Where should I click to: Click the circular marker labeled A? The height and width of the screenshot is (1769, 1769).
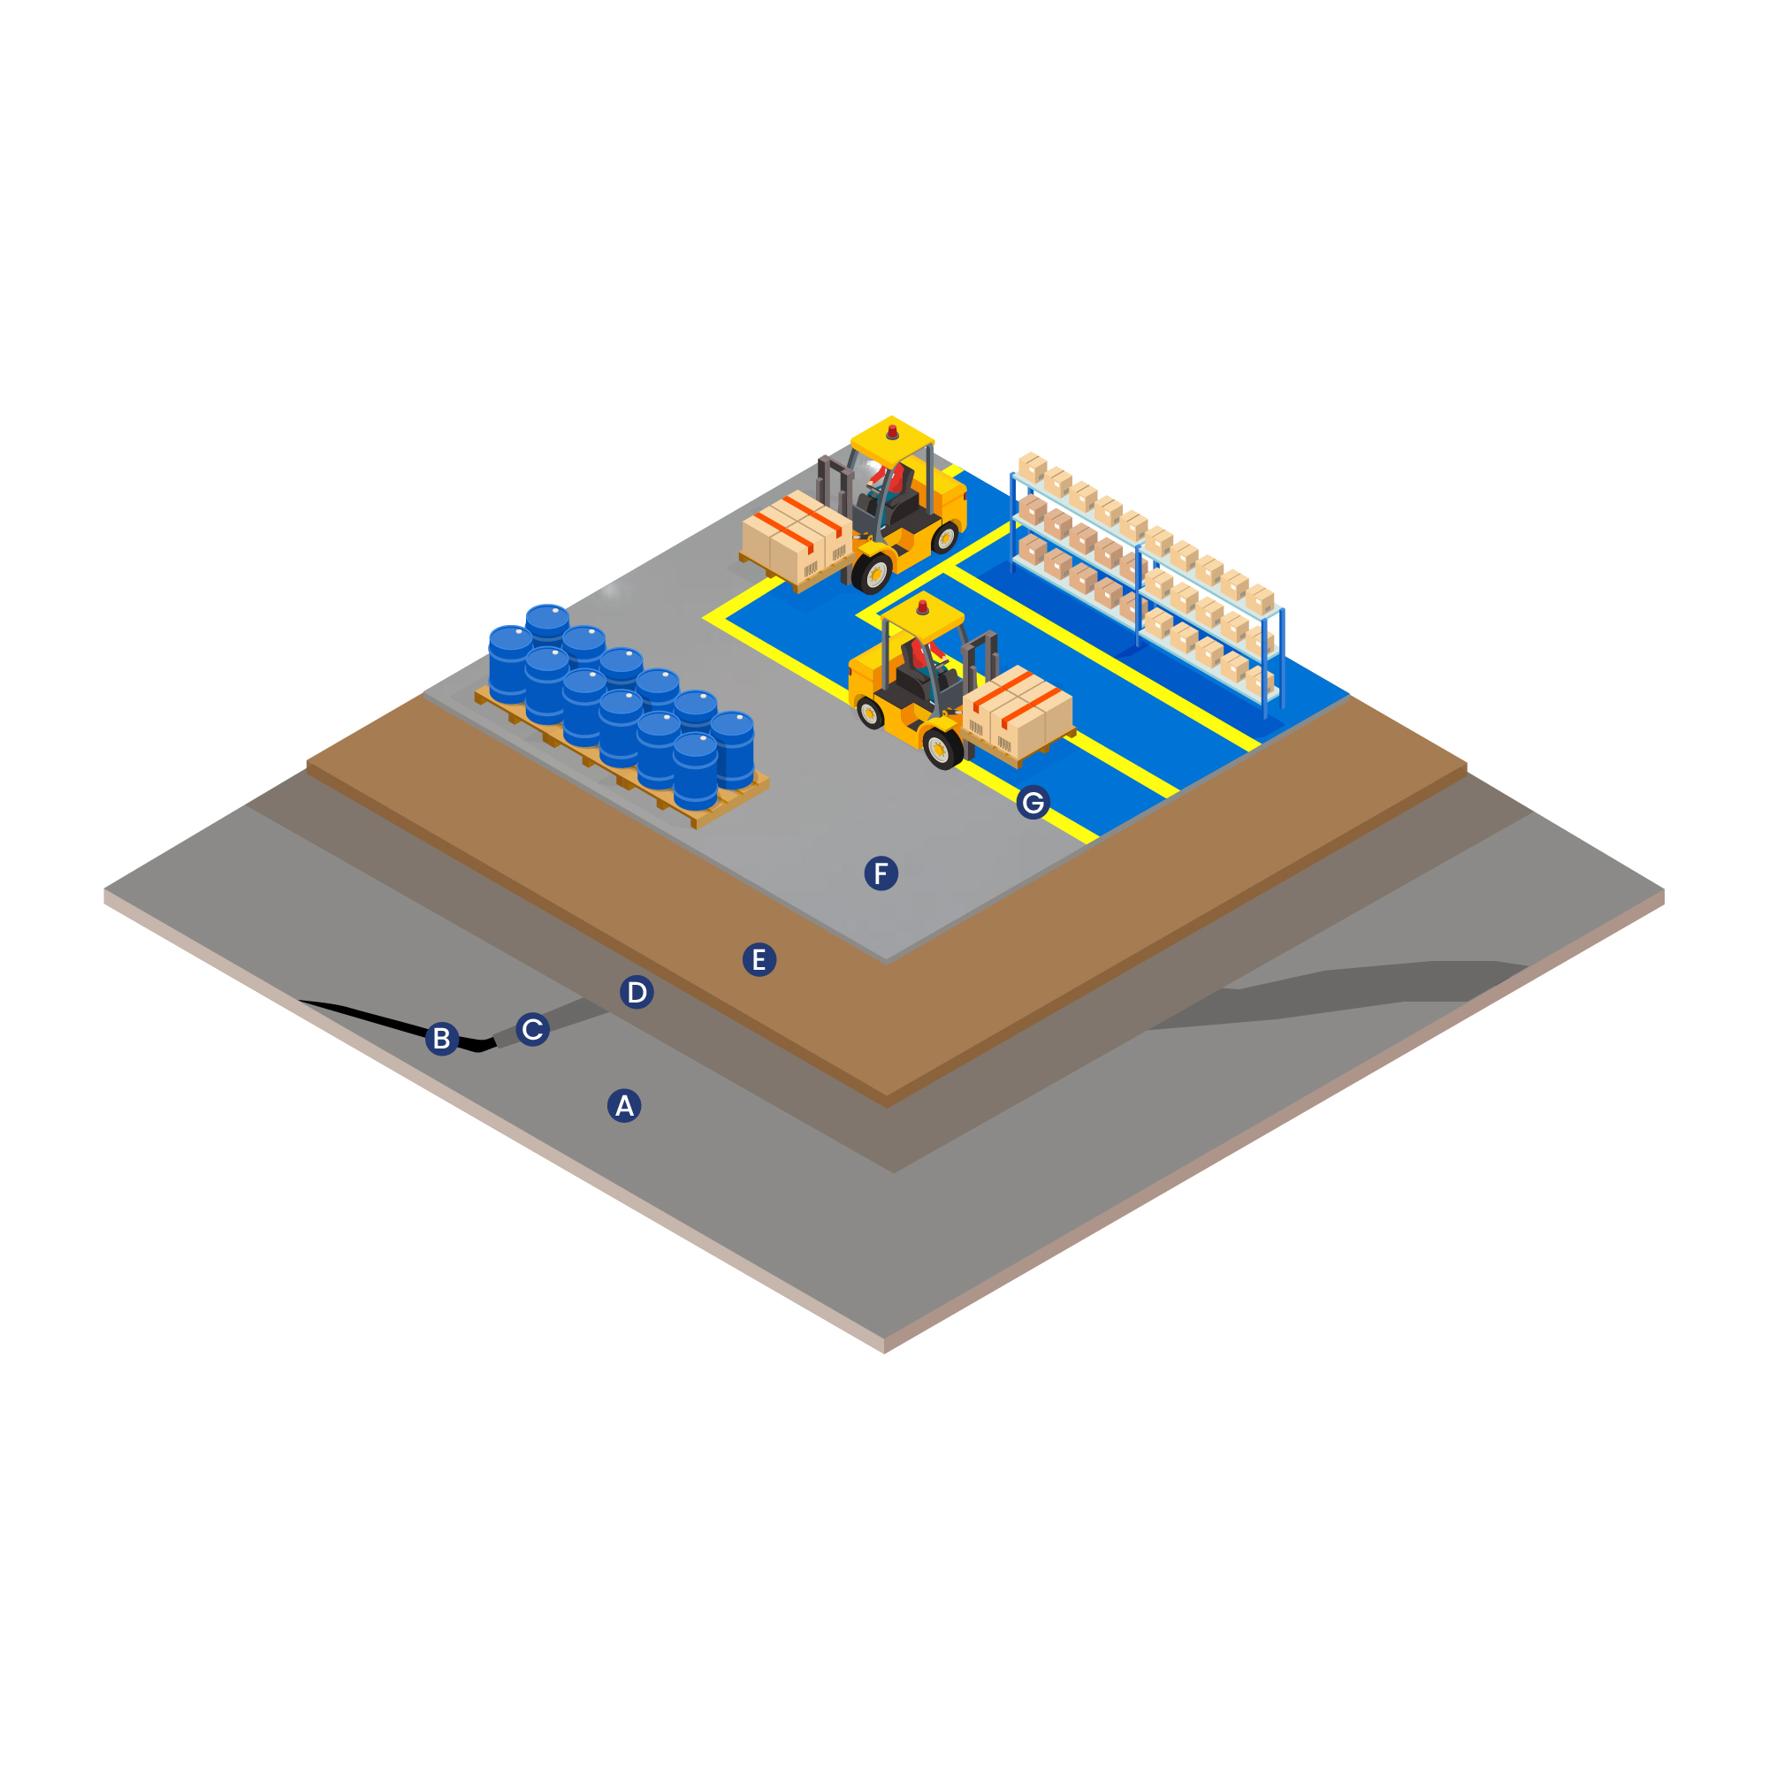[x=624, y=1106]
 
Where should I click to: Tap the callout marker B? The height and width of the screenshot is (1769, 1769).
[x=441, y=1038]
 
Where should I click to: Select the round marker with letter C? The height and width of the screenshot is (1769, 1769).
[x=532, y=1029]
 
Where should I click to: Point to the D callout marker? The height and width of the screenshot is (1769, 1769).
[x=637, y=992]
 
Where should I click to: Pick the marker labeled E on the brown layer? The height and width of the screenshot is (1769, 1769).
[x=759, y=959]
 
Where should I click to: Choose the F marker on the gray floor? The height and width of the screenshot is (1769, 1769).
[x=881, y=873]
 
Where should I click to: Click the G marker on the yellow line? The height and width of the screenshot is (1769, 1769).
[x=1033, y=802]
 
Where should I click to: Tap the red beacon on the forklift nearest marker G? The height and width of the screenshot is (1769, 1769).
[x=922, y=607]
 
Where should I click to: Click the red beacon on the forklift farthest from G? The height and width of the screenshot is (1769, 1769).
[x=893, y=431]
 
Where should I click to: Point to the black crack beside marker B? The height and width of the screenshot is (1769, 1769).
[x=385, y=1018]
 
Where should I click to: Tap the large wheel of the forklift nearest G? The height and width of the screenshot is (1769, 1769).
[x=942, y=748]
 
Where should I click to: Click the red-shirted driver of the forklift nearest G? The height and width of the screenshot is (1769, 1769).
[x=934, y=652]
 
